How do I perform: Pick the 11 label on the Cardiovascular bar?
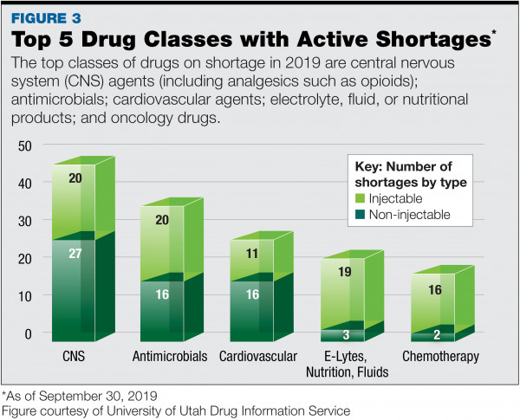click(x=253, y=254)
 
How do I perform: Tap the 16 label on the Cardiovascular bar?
click(x=253, y=294)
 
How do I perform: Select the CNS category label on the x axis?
click(x=74, y=357)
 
